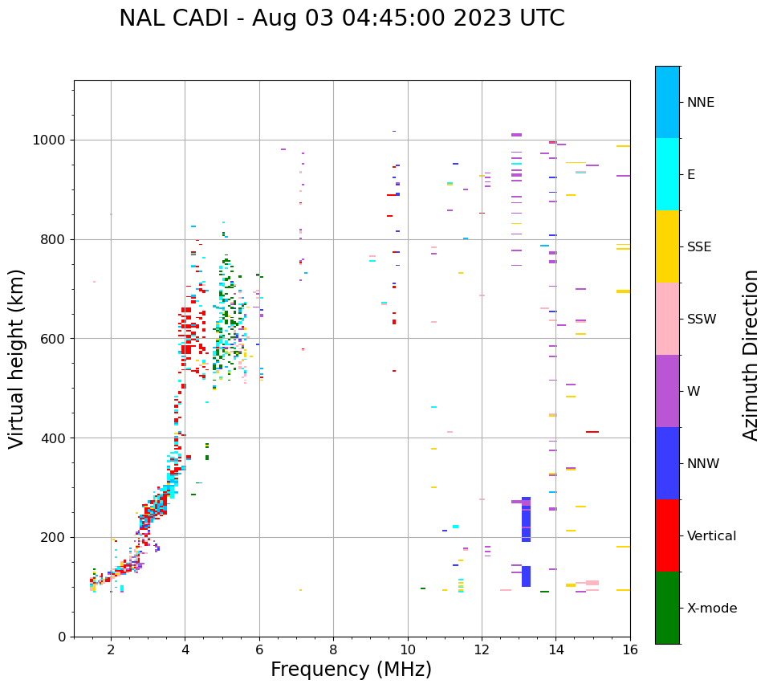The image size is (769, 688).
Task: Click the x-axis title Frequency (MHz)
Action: click(351, 670)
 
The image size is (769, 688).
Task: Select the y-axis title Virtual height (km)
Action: click(17, 358)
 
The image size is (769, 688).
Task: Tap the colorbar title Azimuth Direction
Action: click(751, 355)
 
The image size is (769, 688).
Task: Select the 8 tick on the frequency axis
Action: click(333, 649)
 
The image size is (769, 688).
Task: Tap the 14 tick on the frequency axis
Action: click(555, 649)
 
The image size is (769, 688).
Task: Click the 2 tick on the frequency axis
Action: click(111, 649)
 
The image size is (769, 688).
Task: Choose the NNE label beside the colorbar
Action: click(700, 103)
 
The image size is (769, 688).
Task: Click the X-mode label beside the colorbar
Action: click(712, 609)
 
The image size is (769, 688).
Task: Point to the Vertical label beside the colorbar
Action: click(712, 536)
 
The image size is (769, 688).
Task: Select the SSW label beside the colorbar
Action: click(702, 320)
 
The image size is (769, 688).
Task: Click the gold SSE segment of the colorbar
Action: click(667, 246)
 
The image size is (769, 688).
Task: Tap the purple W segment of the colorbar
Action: click(667, 391)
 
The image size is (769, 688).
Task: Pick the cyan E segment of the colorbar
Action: click(667, 174)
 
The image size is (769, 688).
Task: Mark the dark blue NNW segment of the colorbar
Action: click(667, 463)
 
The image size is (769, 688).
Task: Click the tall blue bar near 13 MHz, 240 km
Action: click(526, 519)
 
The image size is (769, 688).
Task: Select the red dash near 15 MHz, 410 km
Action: click(592, 432)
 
